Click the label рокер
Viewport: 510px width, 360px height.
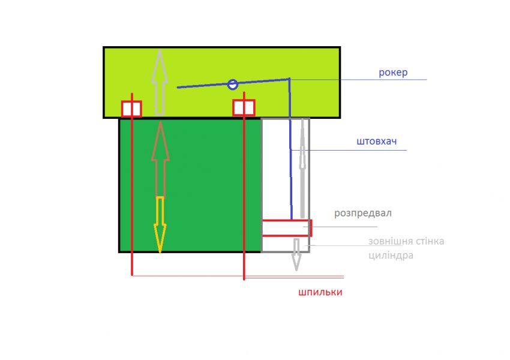[x=393, y=73]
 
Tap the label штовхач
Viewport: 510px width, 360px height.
[x=376, y=143]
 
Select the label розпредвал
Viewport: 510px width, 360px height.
[x=364, y=213]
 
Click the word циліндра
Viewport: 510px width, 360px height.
[x=391, y=255]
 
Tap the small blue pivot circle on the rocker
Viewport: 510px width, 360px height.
[x=233, y=85]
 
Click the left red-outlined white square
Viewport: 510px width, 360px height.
[x=131, y=109]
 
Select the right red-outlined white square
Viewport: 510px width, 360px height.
[x=244, y=108]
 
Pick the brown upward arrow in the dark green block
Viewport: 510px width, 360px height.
[x=160, y=158]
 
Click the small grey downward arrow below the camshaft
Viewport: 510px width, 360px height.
[x=296, y=254]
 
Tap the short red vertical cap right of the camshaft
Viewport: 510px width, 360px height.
[x=311, y=228]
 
